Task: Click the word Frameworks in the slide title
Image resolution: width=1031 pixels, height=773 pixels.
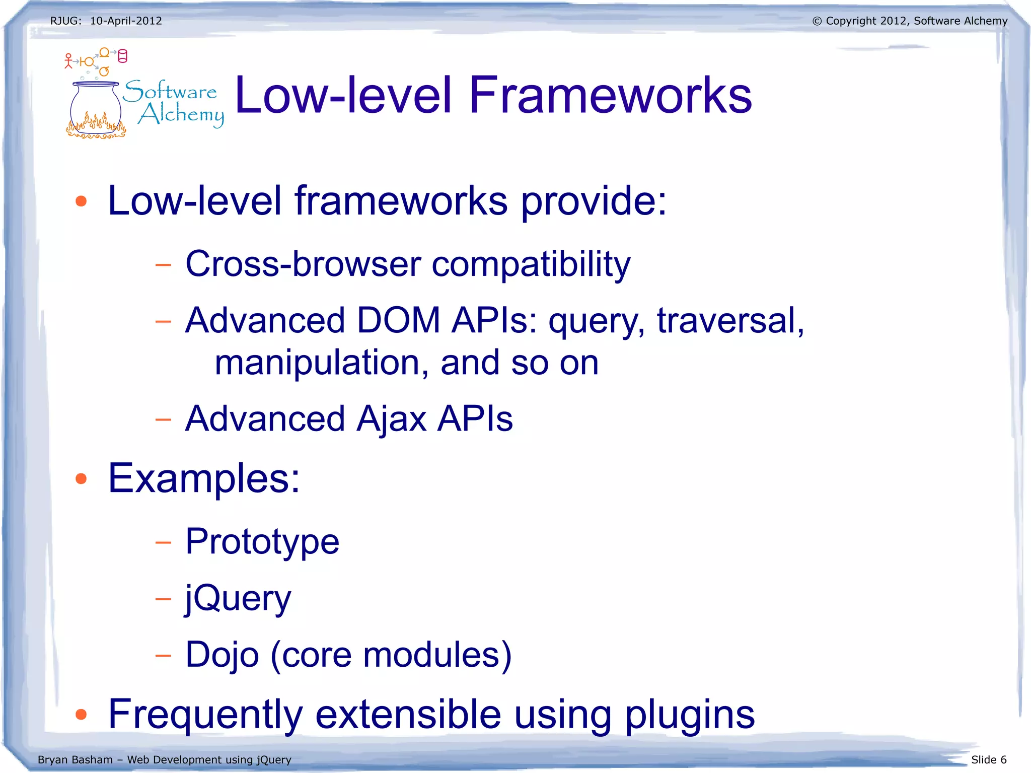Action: pyautogui.click(x=610, y=96)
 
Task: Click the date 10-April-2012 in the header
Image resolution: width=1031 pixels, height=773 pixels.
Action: pyautogui.click(x=126, y=21)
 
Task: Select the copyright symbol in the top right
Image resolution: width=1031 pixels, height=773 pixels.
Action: pyautogui.click(x=817, y=21)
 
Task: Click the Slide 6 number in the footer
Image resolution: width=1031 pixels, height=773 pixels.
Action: pyautogui.click(x=988, y=759)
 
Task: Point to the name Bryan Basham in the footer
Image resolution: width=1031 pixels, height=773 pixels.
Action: pyautogui.click(x=75, y=759)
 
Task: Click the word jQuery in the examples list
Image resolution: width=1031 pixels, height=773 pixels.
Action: pyautogui.click(x=238, y=598)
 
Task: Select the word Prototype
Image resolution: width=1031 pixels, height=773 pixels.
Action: pyautogui.click(x=262, y=542)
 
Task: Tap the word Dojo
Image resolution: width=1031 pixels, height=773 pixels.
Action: pyautogui.click(x=222, y=655)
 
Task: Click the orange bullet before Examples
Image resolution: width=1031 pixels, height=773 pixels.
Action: pyautogui.click(x=81, y=478)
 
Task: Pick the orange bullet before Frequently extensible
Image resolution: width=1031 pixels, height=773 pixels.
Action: pyautogui.click(x=81, y=714)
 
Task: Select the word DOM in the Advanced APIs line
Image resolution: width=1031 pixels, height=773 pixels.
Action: pyautogui.click(x=398, y=320)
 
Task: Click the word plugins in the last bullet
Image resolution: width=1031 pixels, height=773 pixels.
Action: pyautogui.click(x=690, y=715)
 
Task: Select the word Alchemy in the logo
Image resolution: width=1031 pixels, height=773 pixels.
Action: pyautogui.click(x=181, y=115)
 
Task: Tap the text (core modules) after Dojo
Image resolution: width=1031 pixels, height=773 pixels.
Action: pyautogui.click(x=391, y=655)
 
